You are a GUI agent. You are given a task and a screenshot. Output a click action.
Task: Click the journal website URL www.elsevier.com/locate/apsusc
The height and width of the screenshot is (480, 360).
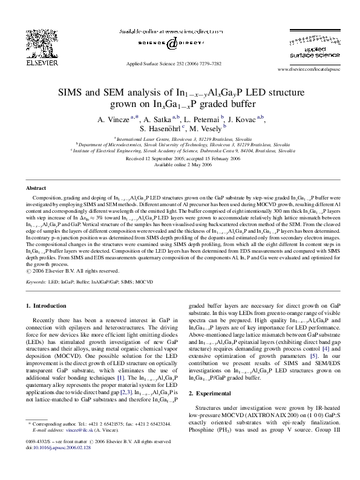point(307,70)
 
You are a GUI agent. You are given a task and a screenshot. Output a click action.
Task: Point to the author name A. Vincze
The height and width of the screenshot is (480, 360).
point(113,119)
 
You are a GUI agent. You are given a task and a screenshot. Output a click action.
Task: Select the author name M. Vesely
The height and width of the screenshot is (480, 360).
point(208,129)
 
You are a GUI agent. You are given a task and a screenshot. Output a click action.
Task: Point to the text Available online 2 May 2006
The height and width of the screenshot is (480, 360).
point(180,164)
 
